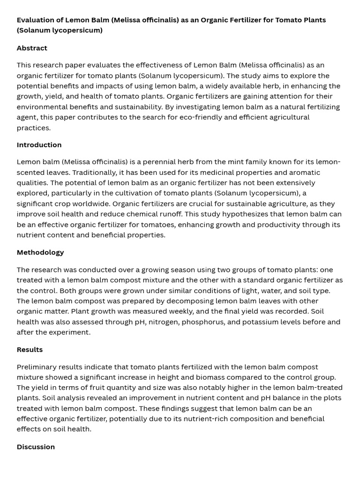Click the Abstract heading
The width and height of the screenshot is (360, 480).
pos(32,48)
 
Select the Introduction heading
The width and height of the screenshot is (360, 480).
pos(39,145)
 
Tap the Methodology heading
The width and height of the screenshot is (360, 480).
pos(40,252)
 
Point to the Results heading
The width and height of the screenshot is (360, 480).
pos(30,350)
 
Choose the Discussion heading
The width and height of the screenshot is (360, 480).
pos(36,447)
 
